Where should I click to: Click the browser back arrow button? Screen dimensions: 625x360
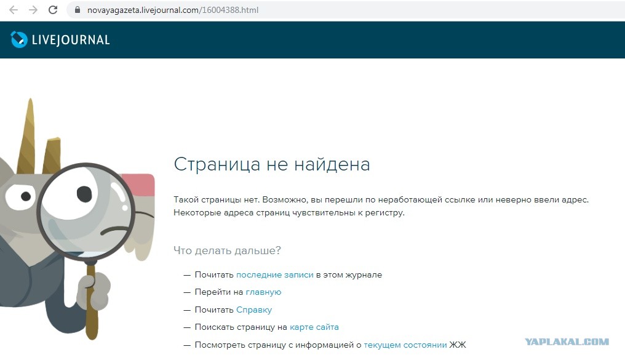point(14,10)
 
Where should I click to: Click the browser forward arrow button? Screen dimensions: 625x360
point(33,10)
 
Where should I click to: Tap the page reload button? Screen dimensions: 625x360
point(53,10)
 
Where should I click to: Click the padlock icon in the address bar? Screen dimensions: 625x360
point(78,10)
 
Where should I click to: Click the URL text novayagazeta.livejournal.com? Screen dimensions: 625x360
point(143,10)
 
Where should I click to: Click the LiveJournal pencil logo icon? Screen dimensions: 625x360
point(18,39)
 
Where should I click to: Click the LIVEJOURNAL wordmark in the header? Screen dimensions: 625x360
point(71,40)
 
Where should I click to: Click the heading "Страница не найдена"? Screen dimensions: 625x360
point(272,164)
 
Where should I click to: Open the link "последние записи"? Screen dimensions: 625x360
point(274,274)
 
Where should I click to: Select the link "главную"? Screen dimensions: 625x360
point(263,292)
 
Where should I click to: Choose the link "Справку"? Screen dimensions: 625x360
point(254,310)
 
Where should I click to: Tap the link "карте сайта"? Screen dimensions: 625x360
point(314,327)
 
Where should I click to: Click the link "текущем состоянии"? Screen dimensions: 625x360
point(405,345)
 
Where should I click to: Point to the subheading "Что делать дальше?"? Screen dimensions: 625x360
point(227,250)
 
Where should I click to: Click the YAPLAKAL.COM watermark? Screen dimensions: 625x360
point(567,342)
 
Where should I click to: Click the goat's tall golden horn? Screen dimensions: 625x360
point(28,135)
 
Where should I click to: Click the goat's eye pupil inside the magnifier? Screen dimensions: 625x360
point(84,194)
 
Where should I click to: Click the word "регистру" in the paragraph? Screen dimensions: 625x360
point(384,213)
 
